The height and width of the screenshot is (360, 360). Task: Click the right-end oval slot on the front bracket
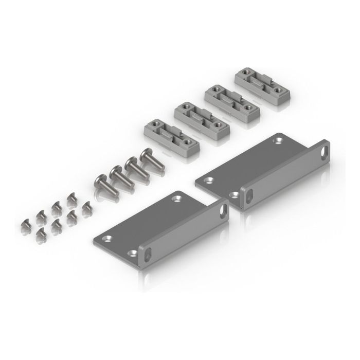(x=224, y=210)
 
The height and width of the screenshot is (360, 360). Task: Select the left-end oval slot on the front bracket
(x=147, y=256)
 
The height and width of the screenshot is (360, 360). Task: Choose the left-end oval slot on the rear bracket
(x=248, y=195)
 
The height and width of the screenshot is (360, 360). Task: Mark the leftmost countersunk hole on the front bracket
(x=107, y=238)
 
